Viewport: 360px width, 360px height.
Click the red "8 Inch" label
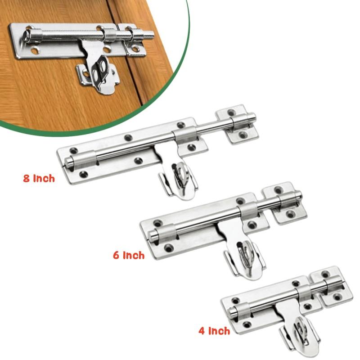[x=39, y=178]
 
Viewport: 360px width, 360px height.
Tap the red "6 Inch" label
[x=129, y=255]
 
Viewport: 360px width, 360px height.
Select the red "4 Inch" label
[x=214, y=331]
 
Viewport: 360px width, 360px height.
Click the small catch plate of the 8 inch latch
[x=237, y=125]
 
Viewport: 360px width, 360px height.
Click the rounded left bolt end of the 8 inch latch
[x=68, y=162]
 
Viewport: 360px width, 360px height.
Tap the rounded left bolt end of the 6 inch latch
[x=152, y=234]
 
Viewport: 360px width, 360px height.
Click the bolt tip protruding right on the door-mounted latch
[x=149, y=35]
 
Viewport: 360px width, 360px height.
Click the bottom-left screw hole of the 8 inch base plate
[x=83, y=175]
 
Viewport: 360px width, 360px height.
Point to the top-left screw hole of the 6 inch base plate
[x=157, y=223]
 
